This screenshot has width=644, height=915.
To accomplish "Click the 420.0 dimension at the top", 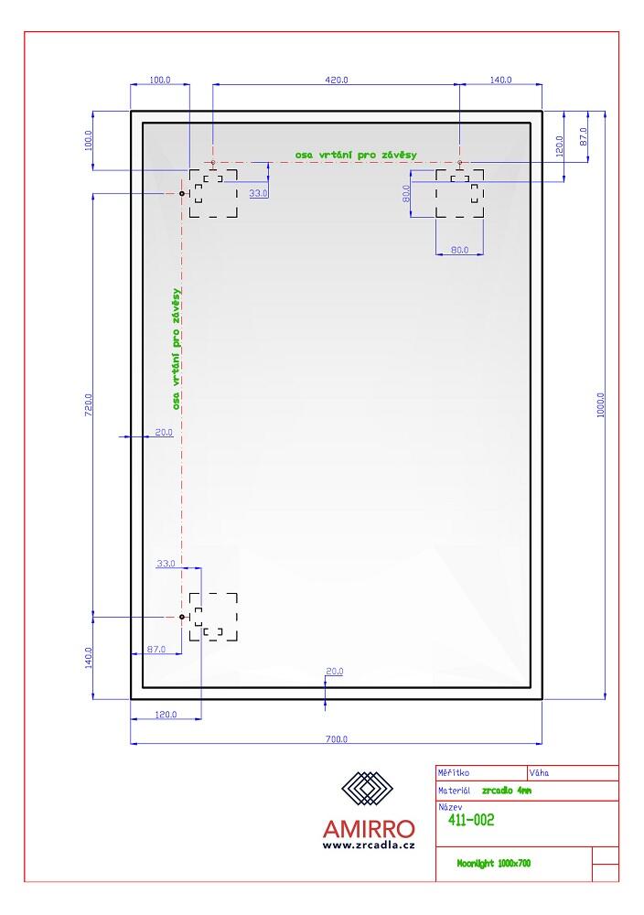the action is tap(336, 80).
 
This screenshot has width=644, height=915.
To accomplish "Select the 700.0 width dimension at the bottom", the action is tap(336, 738).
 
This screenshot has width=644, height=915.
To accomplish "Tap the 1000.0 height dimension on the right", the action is tap(600, 404).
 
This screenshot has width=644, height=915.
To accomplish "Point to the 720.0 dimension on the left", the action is tap(89, 404).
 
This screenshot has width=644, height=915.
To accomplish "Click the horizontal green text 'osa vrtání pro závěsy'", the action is tap(356, 155).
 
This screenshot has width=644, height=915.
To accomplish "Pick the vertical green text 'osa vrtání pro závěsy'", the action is tap(177, 349).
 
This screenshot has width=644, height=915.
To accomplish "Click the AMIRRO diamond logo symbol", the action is tap(367, 789).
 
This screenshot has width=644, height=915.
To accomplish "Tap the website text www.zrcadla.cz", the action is tap(369, 845).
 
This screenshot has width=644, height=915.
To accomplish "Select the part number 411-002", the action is tap(471, 820).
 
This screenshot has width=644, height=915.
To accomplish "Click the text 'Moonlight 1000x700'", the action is tap(493, 863).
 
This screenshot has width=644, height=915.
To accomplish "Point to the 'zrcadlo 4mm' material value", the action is tap(507, 791).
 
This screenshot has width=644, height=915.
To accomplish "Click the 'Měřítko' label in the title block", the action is tap(453, 772).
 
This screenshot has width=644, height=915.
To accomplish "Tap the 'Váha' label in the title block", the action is tap(539, 772).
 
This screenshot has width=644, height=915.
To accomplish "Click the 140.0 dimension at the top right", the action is tap(500, 80).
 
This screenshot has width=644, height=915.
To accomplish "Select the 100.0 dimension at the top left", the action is tap(159, 80).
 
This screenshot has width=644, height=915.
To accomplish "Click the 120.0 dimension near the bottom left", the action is tap(166, 715).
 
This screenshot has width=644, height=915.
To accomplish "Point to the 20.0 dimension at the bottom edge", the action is tap(334, 671).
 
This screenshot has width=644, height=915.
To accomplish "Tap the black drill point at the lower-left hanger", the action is tap(182, 617).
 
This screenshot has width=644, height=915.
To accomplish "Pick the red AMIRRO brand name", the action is tap(369, 829).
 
